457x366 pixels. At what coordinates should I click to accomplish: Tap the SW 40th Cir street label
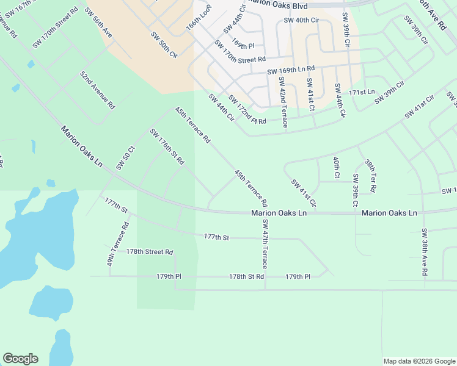tap(301, 20)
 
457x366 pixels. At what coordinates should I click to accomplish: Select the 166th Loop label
tap(199, 27)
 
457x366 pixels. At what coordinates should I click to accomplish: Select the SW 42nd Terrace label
tap(282, 102)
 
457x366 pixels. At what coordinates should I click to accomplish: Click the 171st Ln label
tap(362, 91)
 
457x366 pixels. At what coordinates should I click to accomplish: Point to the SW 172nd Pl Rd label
tap(247, 110)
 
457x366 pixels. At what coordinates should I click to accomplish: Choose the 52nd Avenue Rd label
tap(97, 90)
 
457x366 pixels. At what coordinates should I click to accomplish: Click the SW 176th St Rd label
tap(167, 147)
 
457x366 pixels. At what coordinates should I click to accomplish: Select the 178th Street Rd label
tap(150, 252)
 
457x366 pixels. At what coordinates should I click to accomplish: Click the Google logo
tap(20, 359)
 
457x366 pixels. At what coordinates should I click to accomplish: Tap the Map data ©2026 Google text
tap(419, 361)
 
